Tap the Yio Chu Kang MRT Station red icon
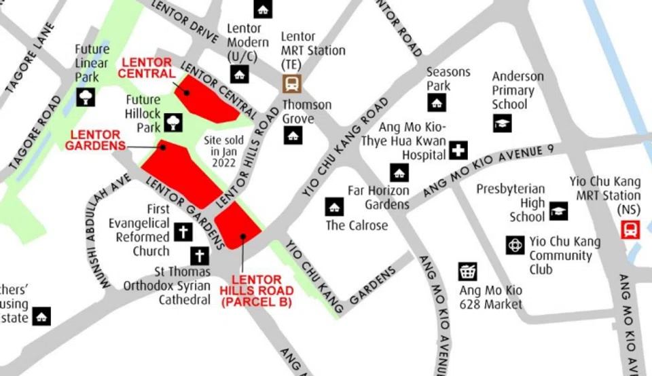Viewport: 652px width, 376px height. [630, 229]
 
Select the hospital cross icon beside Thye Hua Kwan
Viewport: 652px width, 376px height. [459, 151]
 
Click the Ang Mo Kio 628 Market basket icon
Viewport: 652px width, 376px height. [467, 272]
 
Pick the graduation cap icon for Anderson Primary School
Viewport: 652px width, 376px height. [502, 123]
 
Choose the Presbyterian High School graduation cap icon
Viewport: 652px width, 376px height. [558, 211]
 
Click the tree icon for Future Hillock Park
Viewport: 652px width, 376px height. [173, 123]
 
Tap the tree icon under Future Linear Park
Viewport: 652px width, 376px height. [86, 96]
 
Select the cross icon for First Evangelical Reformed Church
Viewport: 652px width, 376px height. [183, 232]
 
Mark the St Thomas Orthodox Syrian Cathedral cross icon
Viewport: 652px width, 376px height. [199, 256]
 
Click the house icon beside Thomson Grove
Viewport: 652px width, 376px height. [293, 135]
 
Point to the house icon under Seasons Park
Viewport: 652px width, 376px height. [437, 102]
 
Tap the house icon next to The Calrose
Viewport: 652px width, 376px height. [334, 207]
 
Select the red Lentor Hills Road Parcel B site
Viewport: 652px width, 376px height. [237, 226]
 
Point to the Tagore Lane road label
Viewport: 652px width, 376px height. [30, 58]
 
